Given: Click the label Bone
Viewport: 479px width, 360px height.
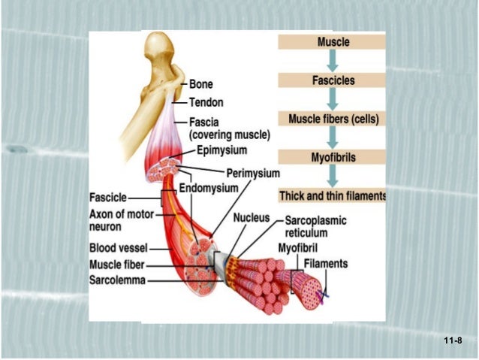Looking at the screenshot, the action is [x=202, y=86].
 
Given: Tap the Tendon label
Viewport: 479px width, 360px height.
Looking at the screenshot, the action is [x=206, y=102].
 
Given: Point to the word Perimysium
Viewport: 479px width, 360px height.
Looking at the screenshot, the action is [x=252, y=174].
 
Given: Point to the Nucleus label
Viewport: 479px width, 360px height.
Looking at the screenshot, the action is [x=252, y=218].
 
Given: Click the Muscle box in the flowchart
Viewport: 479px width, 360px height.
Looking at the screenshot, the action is [x=333, y=42].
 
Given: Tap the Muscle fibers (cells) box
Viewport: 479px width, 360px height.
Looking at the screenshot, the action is [x=333, y=119].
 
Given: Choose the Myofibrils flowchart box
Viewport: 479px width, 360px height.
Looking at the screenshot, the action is [x=333, y=159].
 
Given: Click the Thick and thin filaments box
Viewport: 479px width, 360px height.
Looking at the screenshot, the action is [x=333, y=196].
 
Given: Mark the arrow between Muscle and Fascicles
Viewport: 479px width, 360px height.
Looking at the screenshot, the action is [x=333, y=61].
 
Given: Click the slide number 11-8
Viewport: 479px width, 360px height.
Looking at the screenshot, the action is [x=453, y=341].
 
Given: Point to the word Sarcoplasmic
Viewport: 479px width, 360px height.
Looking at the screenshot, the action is [x=315, y=222].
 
